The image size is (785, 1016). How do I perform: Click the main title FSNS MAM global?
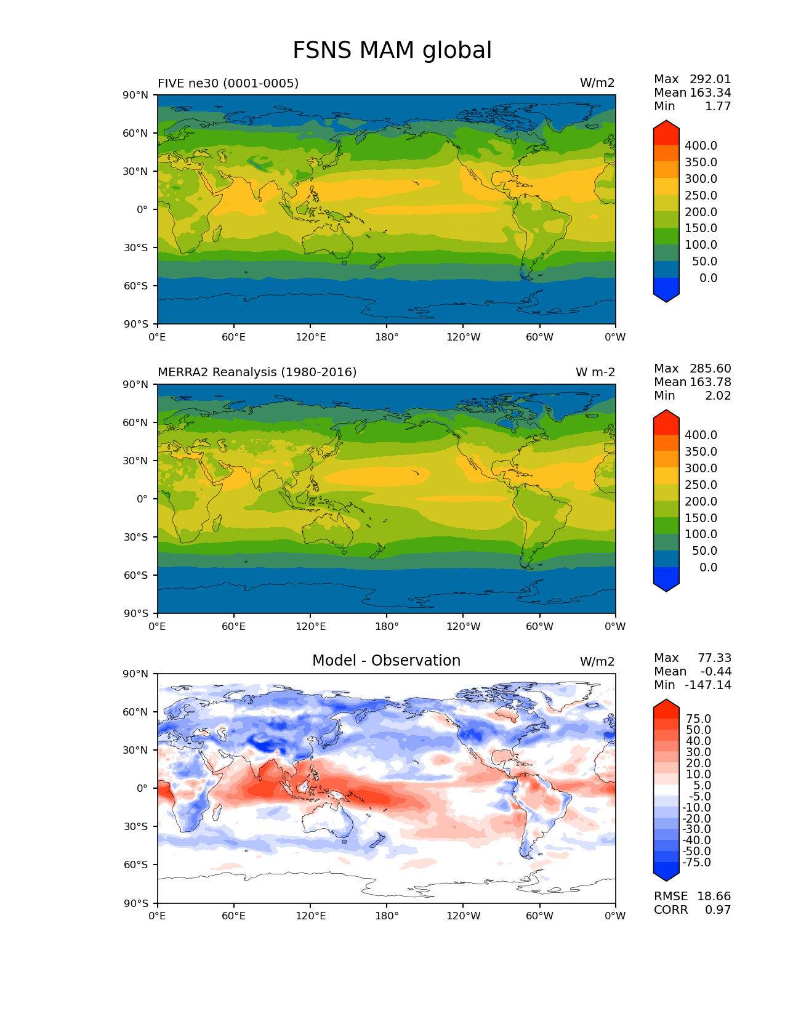click(392, 50)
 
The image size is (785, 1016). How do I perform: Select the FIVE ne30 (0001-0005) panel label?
click(228, 83)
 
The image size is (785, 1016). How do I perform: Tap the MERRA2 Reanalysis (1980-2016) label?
click(257, 372)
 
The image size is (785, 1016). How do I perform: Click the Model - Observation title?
click(386, 661)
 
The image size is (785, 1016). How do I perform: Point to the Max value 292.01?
click(710, 79)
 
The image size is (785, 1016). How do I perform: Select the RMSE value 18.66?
click(714, 896)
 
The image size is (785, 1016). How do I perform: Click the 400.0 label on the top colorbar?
click(701, 146)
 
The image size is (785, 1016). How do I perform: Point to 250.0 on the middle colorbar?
click(701, 485)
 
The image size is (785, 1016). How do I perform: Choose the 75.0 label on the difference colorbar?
click(699, 719)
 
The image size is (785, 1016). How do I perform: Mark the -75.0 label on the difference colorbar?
click(697, 862)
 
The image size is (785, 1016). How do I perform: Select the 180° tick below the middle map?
click(387, 627)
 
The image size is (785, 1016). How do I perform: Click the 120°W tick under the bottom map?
click(464, 916)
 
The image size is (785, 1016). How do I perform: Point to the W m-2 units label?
click(595, 372)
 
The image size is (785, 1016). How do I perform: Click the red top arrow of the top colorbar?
click(666, 132)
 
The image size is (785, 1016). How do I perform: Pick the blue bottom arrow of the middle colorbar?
click(666, 580)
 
